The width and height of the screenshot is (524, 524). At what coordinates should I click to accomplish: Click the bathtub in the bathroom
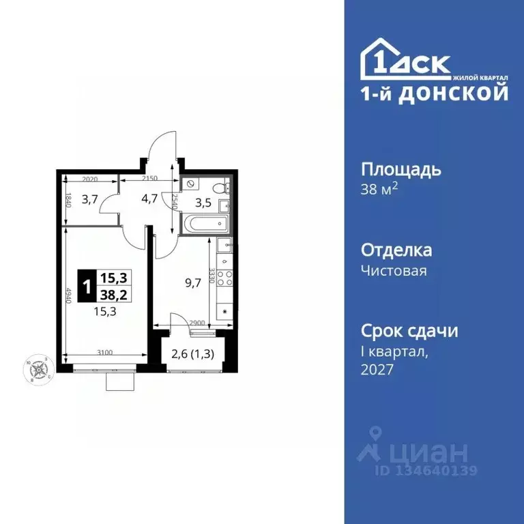(205, 222)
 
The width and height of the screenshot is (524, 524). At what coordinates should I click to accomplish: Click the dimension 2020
(91, 179)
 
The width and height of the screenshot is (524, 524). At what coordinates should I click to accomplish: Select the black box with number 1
(87, 286)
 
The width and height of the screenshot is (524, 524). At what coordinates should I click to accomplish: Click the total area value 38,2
(114, 294)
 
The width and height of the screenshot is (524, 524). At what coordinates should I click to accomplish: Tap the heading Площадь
(400, 169)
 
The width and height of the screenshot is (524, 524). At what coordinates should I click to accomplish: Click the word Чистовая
(394, 271)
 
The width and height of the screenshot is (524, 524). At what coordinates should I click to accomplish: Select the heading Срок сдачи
(409, 331)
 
